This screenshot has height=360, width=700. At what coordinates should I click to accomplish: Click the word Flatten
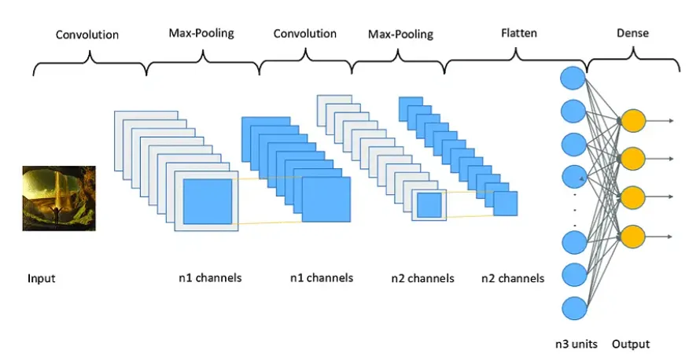[519, 34]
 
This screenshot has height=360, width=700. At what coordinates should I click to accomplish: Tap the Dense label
[633, 34]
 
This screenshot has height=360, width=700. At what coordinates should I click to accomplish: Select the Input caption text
[42, 278]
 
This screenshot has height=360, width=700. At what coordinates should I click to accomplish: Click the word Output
[631, 344]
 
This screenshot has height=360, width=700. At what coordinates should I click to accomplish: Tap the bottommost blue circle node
[572, 307]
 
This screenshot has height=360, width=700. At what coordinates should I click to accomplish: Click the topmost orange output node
[633, 121]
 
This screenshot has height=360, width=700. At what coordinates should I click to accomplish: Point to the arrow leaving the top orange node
[661, 121]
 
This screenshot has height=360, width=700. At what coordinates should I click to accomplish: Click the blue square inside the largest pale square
[208, 202]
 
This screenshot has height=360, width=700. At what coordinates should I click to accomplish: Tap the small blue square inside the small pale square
[429, 205]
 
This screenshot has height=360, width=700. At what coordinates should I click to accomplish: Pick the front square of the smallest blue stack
[506, 204]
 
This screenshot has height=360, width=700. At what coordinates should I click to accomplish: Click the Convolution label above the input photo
[87, 35]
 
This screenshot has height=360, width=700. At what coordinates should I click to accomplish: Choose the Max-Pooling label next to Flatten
[400, 35]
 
